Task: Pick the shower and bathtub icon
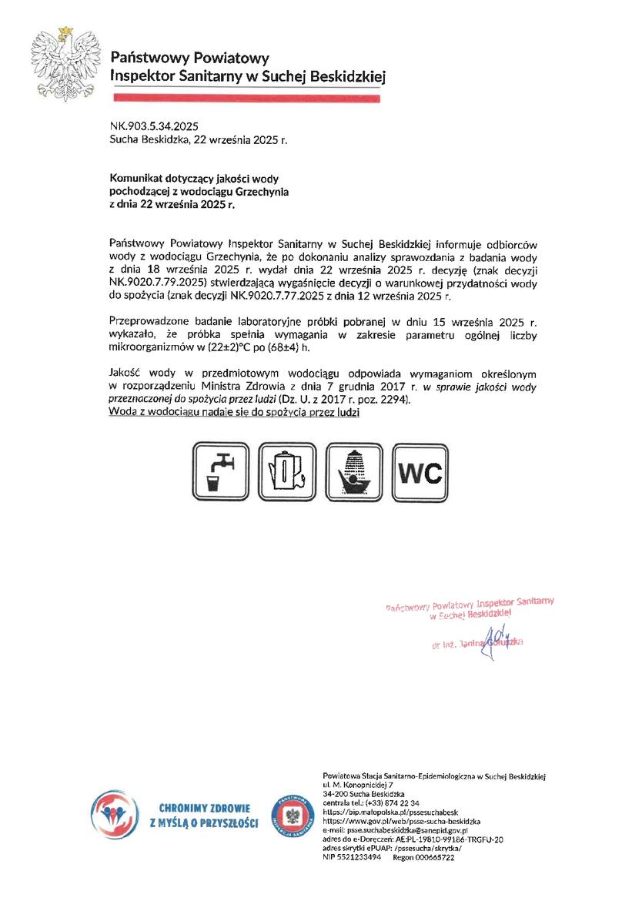tap(354, 471)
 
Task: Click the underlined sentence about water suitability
tap(235, 413)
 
